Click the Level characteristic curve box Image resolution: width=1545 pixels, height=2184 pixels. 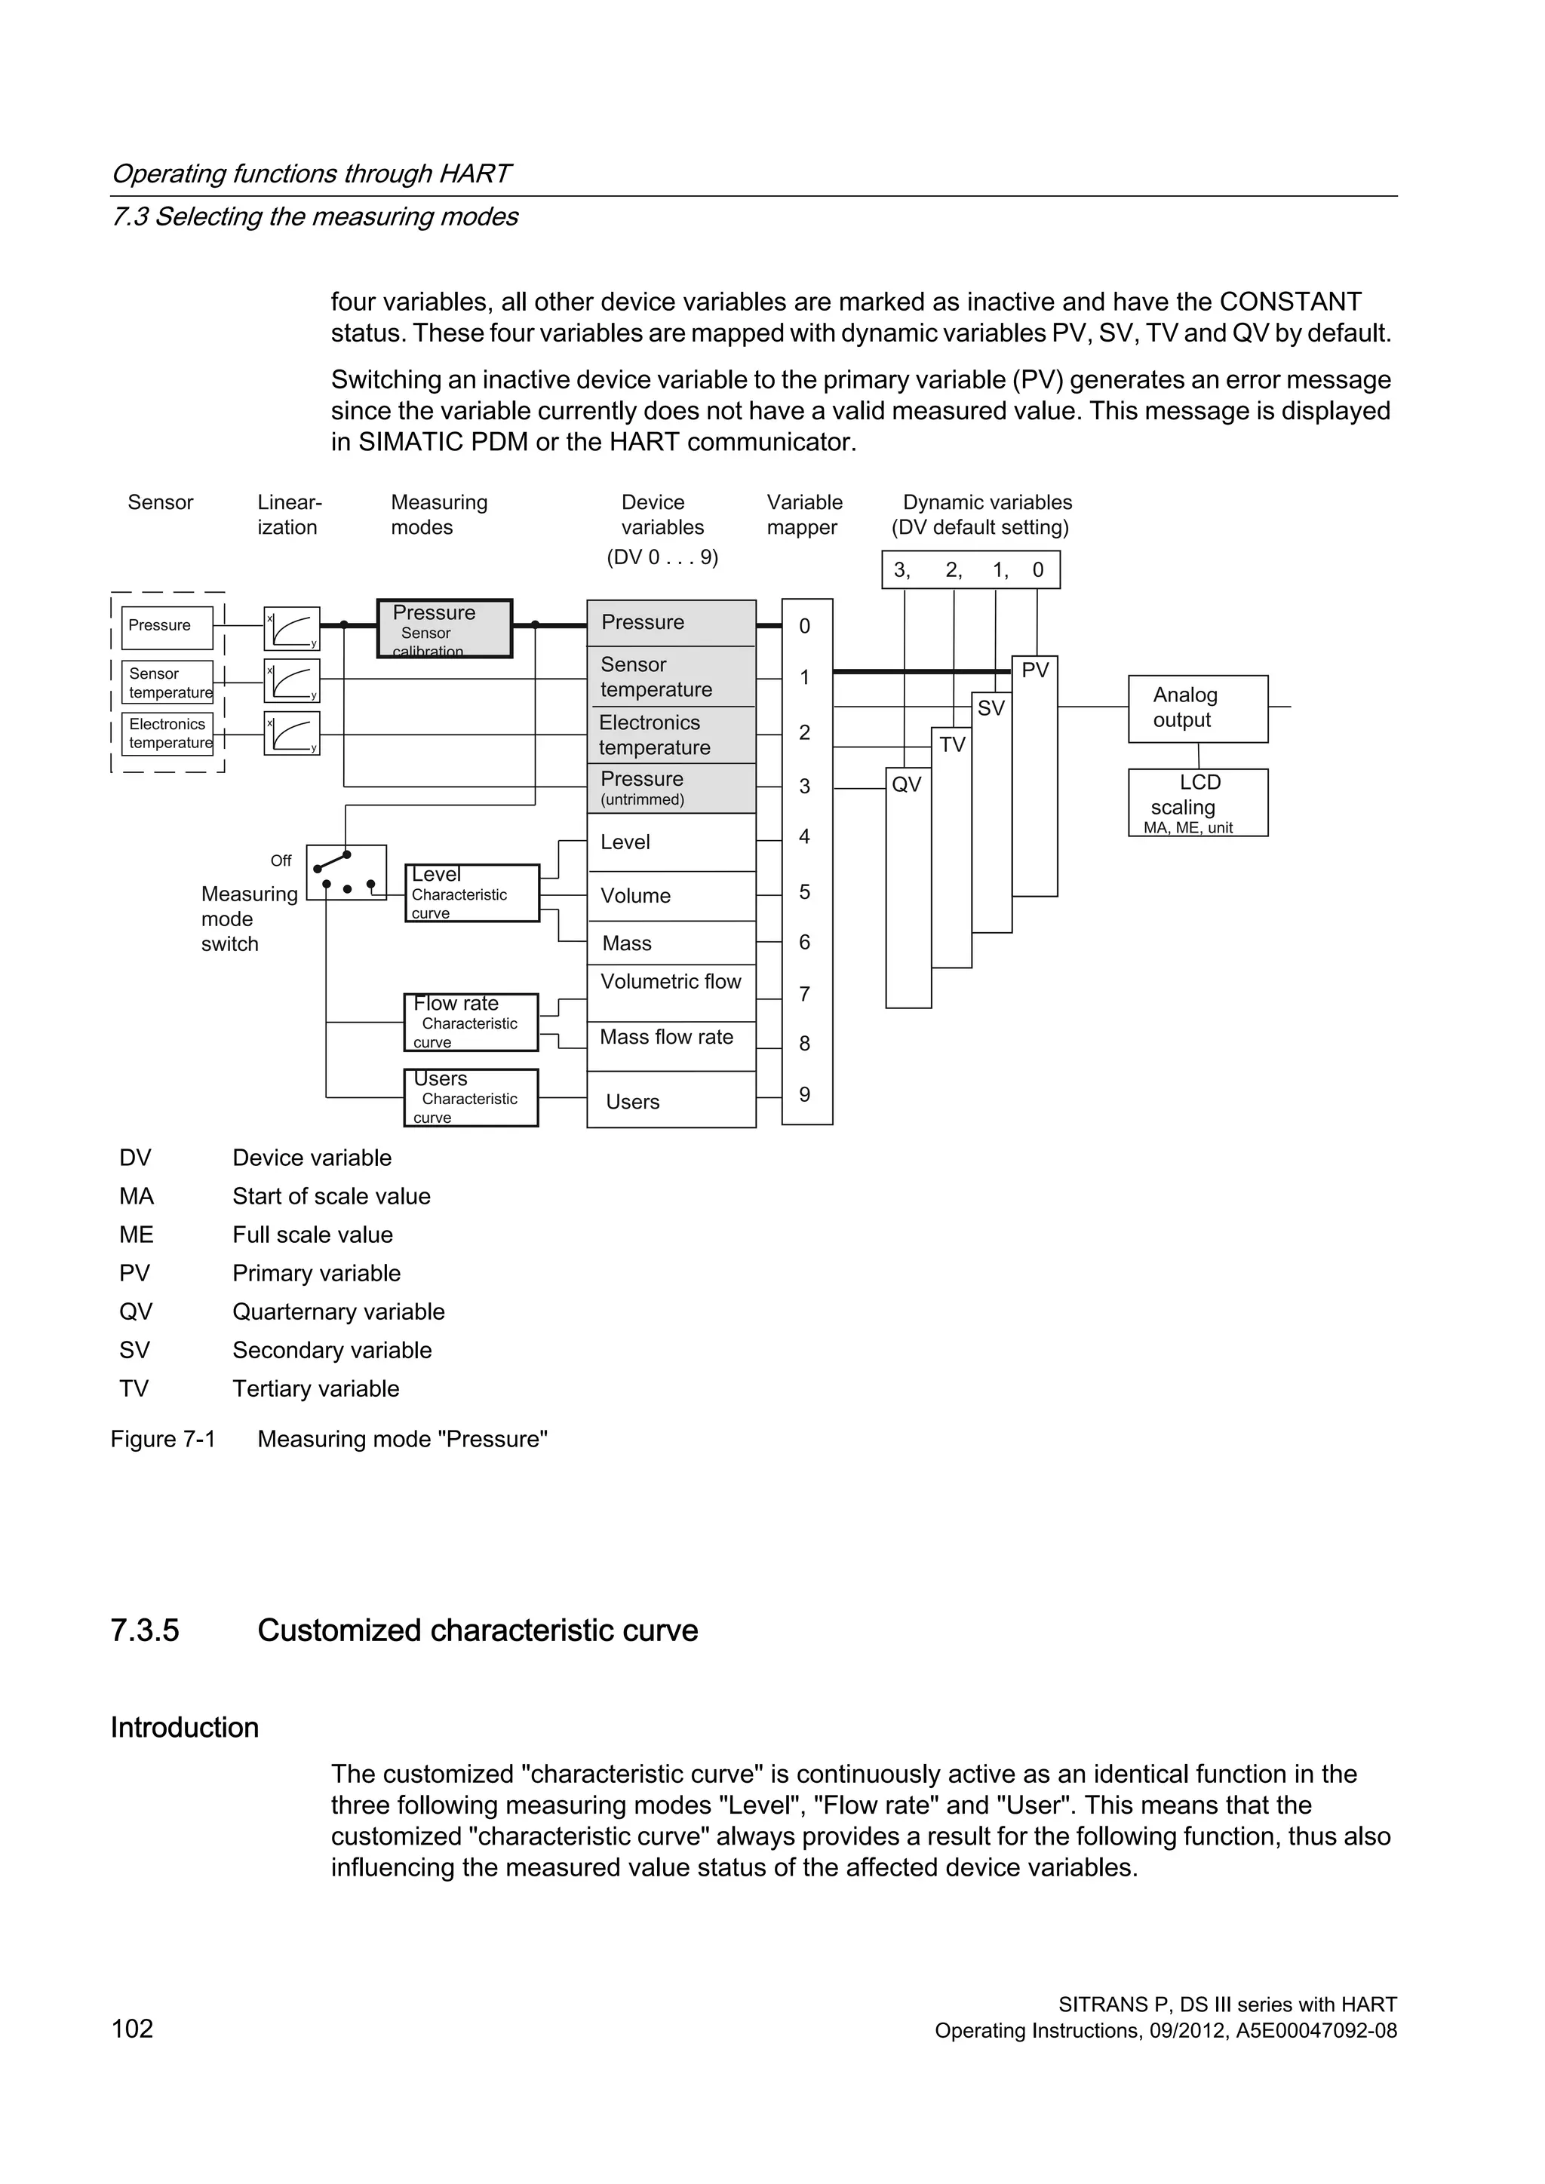coord(471,892)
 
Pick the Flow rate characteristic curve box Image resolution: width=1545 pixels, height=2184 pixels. coord(471,1023)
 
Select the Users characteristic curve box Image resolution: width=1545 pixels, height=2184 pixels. coord(471,1098)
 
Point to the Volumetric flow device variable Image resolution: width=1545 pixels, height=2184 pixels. coord(671,983)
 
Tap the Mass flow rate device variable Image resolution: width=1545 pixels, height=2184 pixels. coord(667,1038)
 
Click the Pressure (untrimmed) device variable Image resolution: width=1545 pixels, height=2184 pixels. coord(671,787)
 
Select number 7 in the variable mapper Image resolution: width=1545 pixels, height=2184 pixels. coord(805,994)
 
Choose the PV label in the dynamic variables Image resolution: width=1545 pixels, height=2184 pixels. coord(1035,670)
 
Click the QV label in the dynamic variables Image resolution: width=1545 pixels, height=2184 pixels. coord(907,785)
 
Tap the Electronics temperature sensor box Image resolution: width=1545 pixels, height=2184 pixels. coord(167,733)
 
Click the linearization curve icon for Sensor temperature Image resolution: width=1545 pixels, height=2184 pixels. coord(292,681)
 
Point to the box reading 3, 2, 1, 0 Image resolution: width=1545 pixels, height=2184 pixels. coord(970,570)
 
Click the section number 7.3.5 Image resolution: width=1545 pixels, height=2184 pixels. coord(145,1630)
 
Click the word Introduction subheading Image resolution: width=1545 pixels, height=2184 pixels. coord(185,1728)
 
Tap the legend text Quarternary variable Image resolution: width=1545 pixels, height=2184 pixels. coord(339,1311)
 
